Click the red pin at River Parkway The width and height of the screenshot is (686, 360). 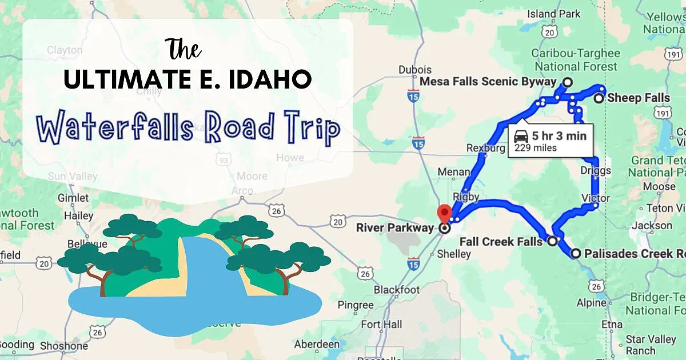point(444,214)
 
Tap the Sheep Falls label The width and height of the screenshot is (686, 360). point(639,98)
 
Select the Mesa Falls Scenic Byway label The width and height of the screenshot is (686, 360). point(488,82)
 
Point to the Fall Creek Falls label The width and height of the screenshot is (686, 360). point(501,242)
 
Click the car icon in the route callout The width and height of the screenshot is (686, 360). point(521,137)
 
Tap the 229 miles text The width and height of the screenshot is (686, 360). point(536,148)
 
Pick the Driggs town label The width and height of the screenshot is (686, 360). point(595,171)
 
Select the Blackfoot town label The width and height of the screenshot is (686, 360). point(397,290)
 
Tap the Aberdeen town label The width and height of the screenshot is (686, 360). point(316,344)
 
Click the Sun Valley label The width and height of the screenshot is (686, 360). point(73,176)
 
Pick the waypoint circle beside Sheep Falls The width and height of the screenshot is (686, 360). point(598,99)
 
